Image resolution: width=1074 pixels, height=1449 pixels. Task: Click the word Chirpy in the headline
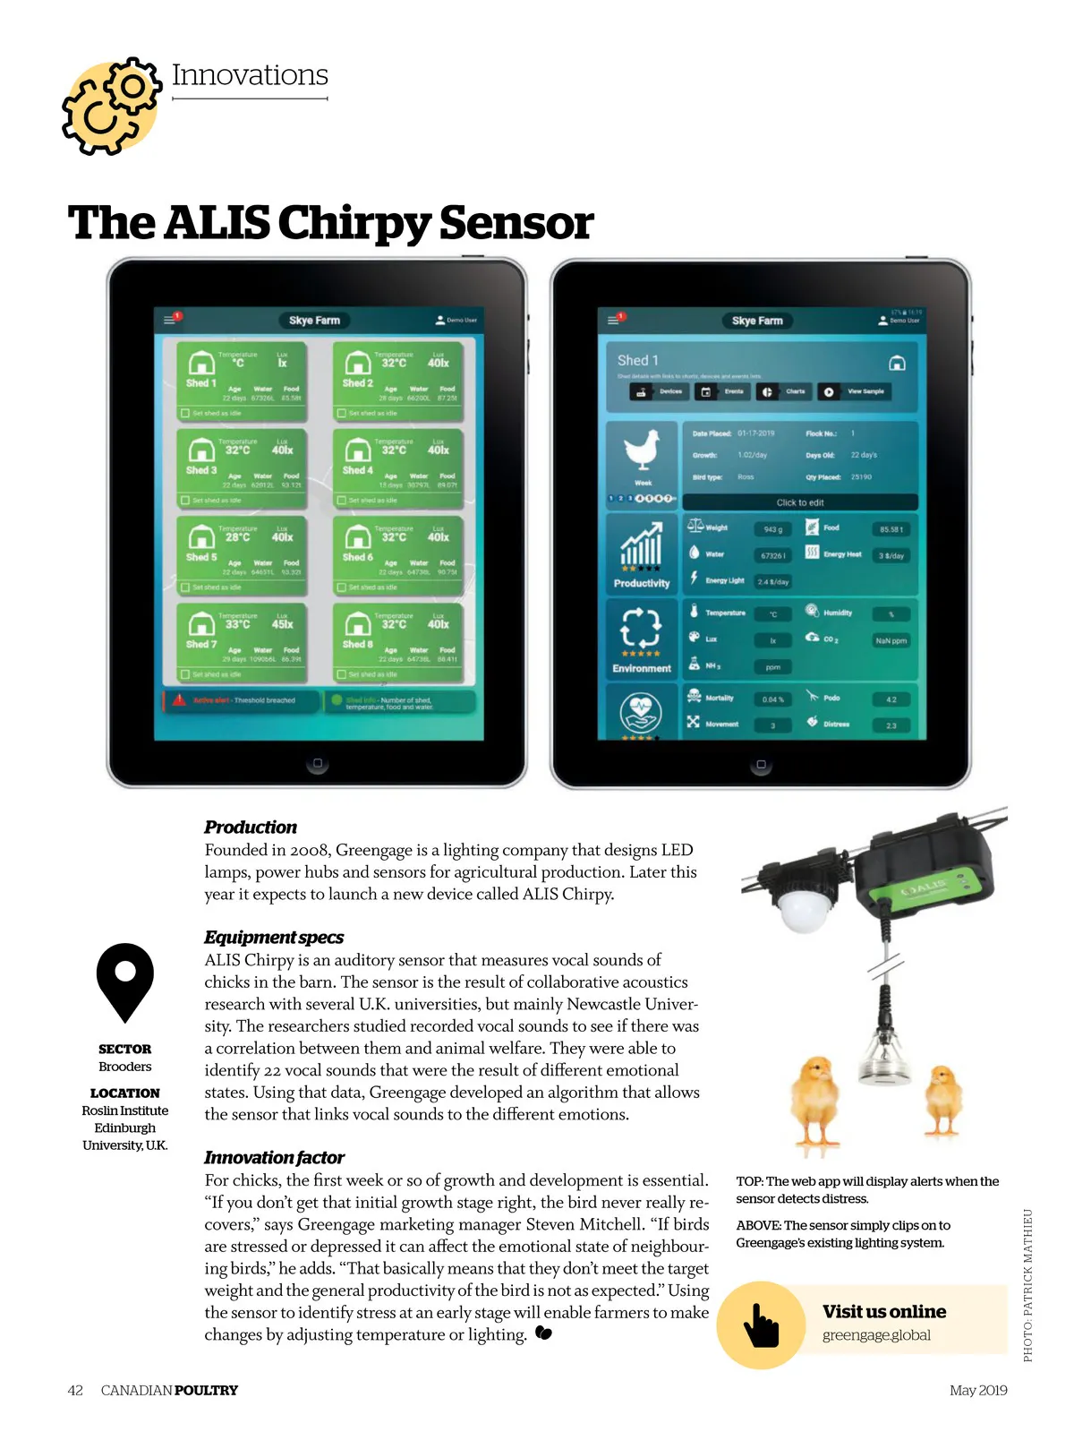[x=355, y=223]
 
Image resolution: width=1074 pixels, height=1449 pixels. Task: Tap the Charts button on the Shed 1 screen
[x=787, y=391]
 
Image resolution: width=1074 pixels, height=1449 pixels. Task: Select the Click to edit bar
[x=799, y=502]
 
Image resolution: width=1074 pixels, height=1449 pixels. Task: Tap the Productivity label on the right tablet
[x=641, y=583]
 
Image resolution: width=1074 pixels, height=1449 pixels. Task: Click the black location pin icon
[x=125, y=981]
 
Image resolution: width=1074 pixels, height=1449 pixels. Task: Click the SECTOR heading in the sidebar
[x=125, y=1049]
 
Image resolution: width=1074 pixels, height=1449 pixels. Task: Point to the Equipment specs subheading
[x=274, y=937]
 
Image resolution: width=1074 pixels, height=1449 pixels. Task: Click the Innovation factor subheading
[x=274, y=1157]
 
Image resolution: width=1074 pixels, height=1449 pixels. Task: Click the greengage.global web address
[x=876, y=1335]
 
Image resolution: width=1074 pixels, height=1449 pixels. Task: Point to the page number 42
[x=75, y=1390]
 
